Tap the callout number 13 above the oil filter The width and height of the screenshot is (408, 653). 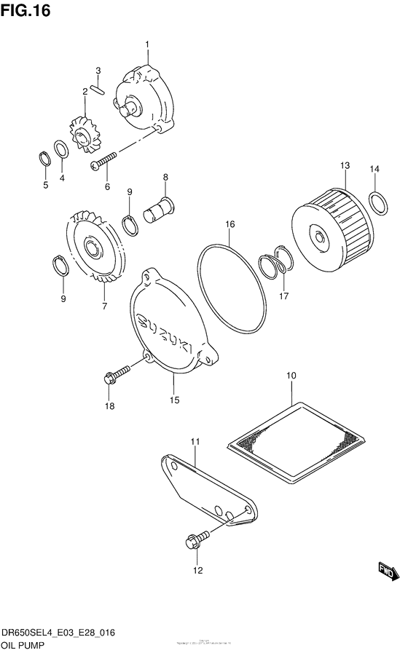pyautogui.click(x=345, y=166)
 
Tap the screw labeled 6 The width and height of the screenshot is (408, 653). pyautogui.click(x=105, y=161)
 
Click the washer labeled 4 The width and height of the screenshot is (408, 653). pyautogui.click(x=63, y=150)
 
